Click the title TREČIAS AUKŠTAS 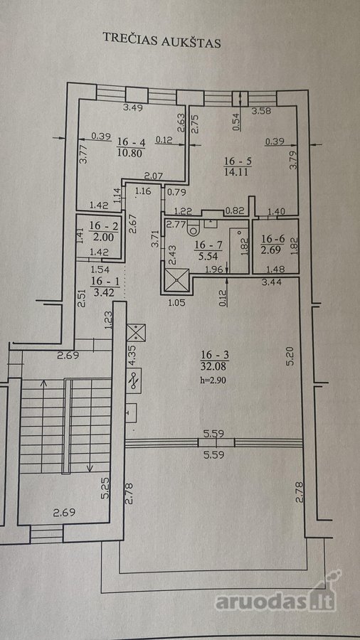click(162, 40)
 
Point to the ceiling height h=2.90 click(212, 379)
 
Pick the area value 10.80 click(132, 153)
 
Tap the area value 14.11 click(238, 172)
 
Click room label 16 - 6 click(272, 238)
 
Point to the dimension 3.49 click(134, 108)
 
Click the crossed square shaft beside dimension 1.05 click(176, 280)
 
